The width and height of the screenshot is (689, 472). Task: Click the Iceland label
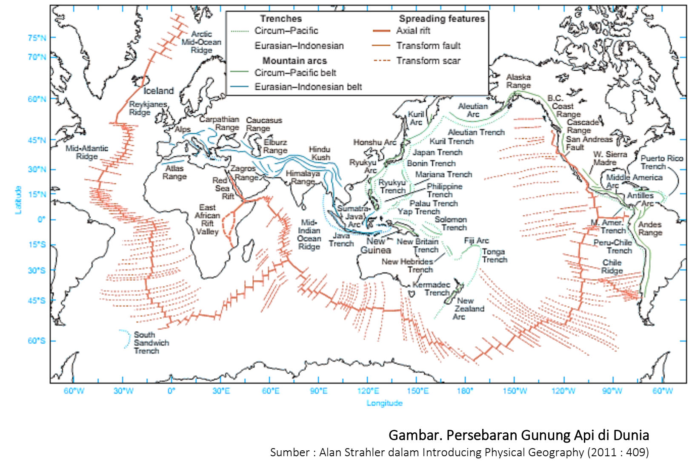point(159,91)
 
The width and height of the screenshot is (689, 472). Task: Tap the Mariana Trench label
point(443,174)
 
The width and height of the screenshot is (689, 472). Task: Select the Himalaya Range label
point(303,177)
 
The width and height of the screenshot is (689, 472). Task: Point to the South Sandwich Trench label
point(151,342)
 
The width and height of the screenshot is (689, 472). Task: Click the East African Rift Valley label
point(207,219)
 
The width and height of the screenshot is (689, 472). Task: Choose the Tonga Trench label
point(494,256)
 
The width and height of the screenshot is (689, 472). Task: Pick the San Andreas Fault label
point(589,143)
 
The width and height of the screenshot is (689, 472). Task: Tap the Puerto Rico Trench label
point(661,162)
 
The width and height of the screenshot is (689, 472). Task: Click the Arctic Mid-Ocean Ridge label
point(201,42)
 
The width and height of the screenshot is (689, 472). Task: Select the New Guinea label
point(375,245)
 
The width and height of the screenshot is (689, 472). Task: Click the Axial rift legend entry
point(413,31)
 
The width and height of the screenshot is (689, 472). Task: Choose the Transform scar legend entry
point(428,60)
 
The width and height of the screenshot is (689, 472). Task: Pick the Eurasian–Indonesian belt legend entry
point(308,87)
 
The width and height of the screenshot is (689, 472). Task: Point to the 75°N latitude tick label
point(37,37)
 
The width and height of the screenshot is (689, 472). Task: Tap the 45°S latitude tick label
point(37,300)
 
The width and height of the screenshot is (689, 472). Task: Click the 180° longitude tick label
point(465,391)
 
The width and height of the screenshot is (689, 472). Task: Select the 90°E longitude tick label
point(318,391)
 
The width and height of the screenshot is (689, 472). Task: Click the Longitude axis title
point(384,403)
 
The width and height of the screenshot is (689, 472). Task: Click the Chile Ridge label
point(612,266)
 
